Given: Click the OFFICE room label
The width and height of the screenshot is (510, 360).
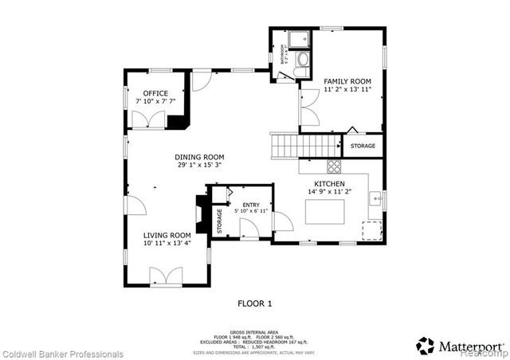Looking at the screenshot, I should pyautogui.click(x=151, y=93).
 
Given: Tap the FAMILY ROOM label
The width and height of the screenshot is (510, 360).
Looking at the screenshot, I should pyautogui.click(x=347, y=82).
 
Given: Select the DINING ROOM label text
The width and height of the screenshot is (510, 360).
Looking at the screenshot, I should pyautogui.click(x=199, y=157).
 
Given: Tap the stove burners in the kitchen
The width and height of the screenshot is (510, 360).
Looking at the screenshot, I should pyautogui.click(x=334, y=166).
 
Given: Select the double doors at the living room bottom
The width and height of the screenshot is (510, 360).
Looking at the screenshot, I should pyautogui.click(x=167, y=276).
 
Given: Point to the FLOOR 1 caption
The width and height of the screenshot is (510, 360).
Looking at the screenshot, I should pyautogui.click(x=255, y=303).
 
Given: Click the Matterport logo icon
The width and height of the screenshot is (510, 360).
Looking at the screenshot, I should pyautogui.click(x=426, y=345).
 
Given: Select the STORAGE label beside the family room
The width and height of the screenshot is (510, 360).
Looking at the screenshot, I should pyautogui.click(x=363, y=146).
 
